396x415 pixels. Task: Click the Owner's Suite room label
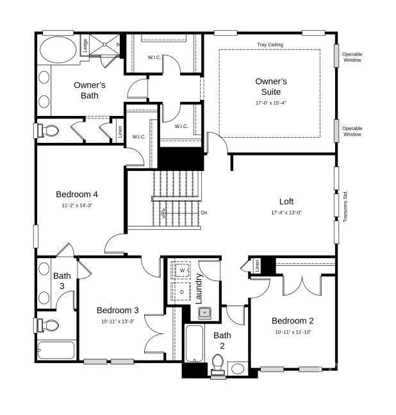tap(271, 86)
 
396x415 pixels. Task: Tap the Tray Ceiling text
tap(269, 45)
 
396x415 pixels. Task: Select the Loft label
tap(286, 201)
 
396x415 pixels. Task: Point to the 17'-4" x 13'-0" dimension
tap(286, 213)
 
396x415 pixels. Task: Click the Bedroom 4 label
tap(77, 194)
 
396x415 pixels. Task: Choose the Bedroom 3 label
tap(118, 310)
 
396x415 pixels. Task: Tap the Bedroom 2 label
tap(293, 321)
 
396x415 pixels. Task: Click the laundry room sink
tap(204, 313)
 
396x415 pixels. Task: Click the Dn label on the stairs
tap(204, 213)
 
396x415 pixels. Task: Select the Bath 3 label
tap(62, 281)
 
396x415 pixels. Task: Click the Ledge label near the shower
tap(85, 47)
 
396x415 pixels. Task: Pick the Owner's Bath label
tap(90, 90)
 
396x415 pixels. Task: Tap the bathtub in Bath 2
tap(194, 349)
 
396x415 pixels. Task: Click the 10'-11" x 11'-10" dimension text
tap(293, 332)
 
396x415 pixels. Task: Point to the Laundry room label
tap(199, 288)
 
